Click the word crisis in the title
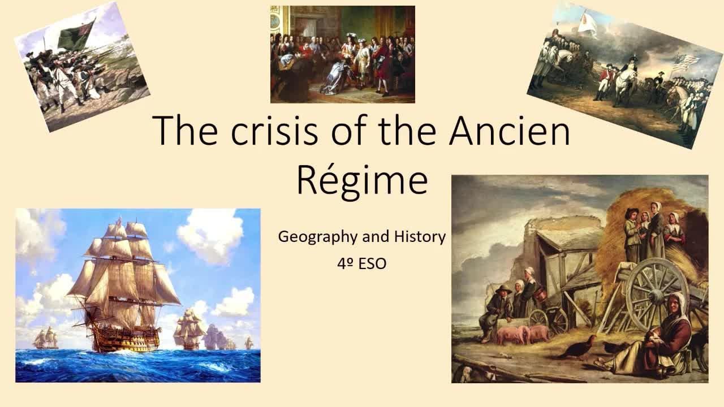[274, 131]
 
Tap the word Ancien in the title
[510, 131]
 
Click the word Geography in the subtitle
[318, 237]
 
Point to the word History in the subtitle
[420, 236]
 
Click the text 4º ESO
[361, 264]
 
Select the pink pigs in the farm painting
[523, 334]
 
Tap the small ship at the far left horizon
[46, 337]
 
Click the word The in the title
[185, 131]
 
